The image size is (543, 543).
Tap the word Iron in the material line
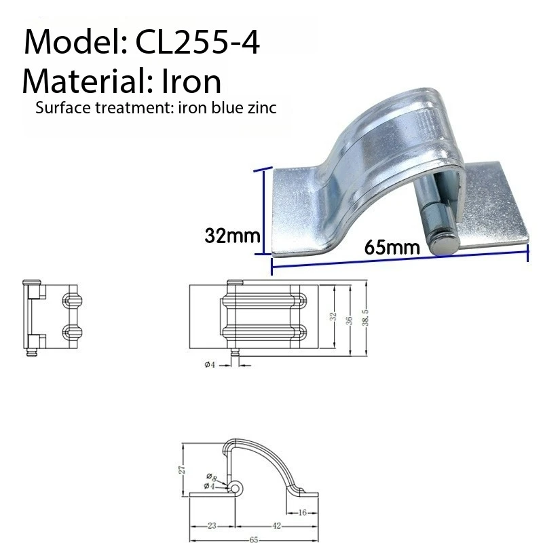point(191,81)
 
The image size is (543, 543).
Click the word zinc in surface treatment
point(260,109)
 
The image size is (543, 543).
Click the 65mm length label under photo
point(385,246)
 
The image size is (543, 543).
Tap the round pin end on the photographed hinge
point(445,242)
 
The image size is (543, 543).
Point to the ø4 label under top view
point(210,364)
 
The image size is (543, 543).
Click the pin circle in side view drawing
point(236,487)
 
